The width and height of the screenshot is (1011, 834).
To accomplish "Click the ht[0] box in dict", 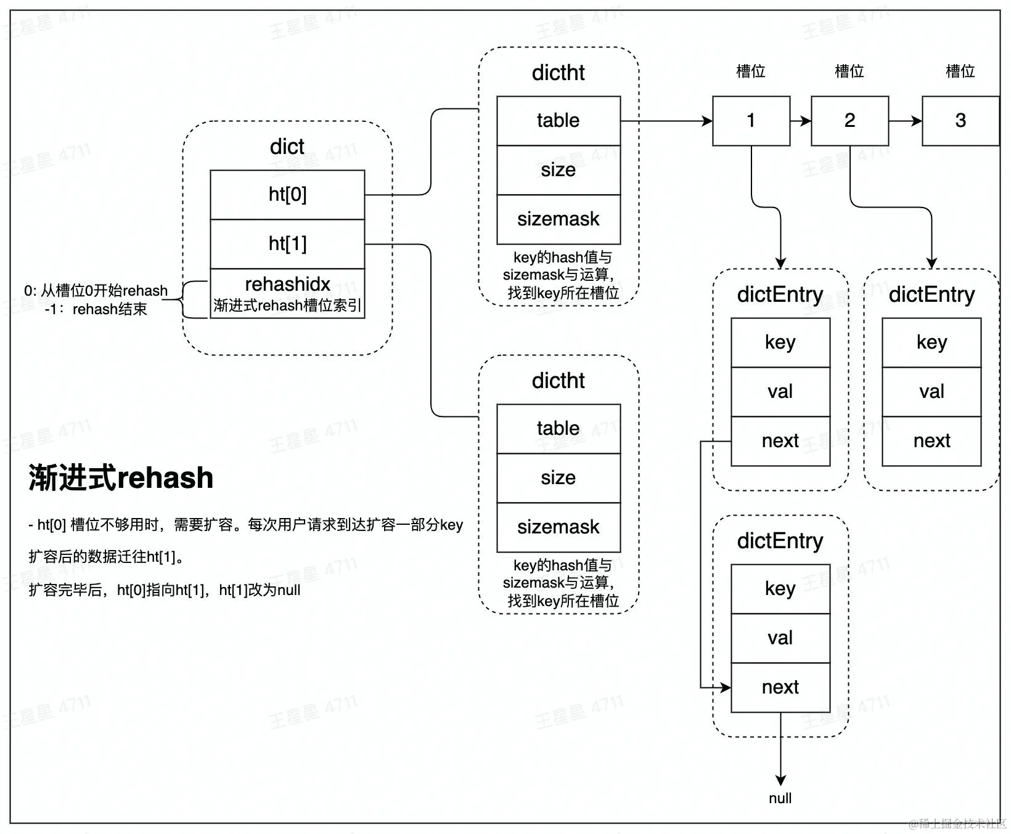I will (x=287, y=195).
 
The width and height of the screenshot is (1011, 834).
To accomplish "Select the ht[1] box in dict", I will (x=287, y=244).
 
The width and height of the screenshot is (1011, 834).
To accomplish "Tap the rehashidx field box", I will (x=287, y=294).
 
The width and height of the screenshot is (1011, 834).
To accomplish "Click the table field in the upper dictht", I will (x=558, y=121).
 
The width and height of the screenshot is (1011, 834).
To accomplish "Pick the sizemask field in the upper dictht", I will (x=558, y=219).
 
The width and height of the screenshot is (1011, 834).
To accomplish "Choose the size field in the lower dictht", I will (x=558, y=478).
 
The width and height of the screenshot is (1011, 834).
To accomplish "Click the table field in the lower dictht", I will (x=558, y=429).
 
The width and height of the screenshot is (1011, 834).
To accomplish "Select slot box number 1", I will (x=751, y=121).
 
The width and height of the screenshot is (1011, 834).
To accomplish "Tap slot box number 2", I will (x=849, y=121).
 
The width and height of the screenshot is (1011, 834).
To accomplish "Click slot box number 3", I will (x=960, y=121).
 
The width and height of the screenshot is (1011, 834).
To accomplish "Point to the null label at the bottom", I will (x=780, y=798).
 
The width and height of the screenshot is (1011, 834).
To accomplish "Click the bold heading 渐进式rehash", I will (x=121, y=478).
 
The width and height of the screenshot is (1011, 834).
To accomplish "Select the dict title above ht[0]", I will (x=287, y=147).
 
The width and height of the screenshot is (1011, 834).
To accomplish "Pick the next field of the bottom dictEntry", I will (x=780, y=687).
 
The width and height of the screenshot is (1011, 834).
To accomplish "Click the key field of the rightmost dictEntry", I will (x=931, y=342).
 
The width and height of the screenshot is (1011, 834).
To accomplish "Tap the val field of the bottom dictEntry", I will (x=780, y=638).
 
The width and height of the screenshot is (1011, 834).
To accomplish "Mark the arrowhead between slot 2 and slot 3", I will (x=917, y=121).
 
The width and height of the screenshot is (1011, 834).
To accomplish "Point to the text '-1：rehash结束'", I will (x=96, y=309).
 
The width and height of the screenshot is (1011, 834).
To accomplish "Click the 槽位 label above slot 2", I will (x=849, y=71).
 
